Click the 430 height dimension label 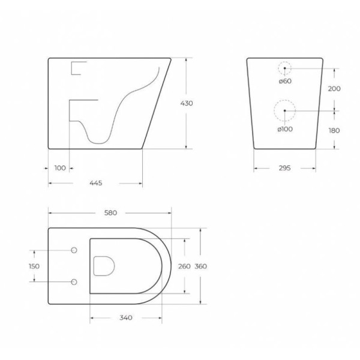(x=187, y=103)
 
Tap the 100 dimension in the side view (x=59, y=168)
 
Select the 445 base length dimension (x=95, y=183)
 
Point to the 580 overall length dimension (x=110, y=212)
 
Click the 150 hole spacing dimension (x=34, y=266)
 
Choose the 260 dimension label (x=185, y=266)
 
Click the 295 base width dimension (x=284, y=168)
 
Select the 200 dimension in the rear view (x=334, y=89)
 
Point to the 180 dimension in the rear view (x=334, y=130)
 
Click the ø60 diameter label (x=284, y=81)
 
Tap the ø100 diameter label (x=285, y=129)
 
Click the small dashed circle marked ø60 (x=285, y=69)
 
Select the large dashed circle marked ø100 (x=284, y=111)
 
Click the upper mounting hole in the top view (x=74, y=250)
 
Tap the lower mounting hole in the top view (x=74, y=281)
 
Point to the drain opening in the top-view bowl (x=105, y=266)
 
